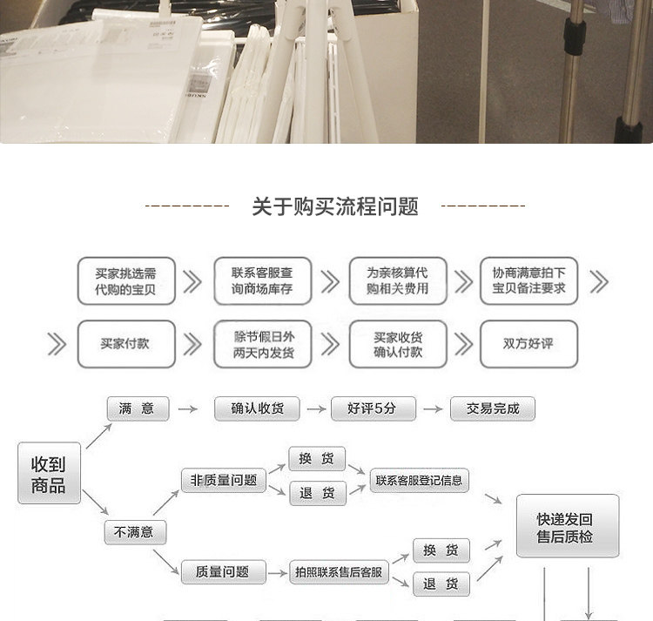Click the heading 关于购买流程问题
click(x=335, y=206)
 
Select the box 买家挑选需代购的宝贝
click(x=126, y=280)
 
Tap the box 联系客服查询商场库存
click(x=262, y=280)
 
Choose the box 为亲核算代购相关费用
click(x=398, y=280)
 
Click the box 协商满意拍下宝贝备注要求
click(x=529, y=280)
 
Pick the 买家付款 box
click(x=125, y=343)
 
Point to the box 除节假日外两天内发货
click(x=262, y=343)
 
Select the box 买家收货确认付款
click(x=398, y=343)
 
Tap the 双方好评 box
click(x=528, y=343)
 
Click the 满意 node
click(x=138, y=408)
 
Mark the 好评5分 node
click(x=374, y=408)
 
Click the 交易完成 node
click(x=492, y=408)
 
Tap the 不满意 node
click(x=135, y=531)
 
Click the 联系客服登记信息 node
click(x=419, y=480)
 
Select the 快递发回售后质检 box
click(x=568, y=527)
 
